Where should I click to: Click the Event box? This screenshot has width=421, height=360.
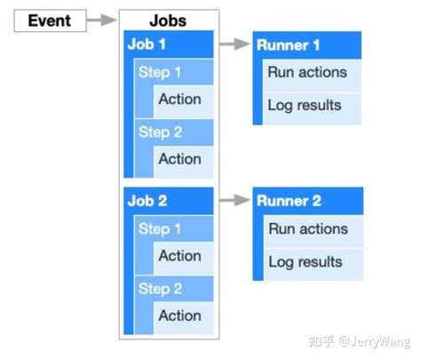pos(50,20)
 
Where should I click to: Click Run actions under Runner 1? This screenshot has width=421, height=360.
pos(306,73)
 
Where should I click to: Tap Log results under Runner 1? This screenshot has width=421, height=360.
pos(305,106)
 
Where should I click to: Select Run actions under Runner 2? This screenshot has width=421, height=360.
pos(306,229)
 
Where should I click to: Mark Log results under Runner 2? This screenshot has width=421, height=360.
pos(305,262)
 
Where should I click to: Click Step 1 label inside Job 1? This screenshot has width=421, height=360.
pos(160,72)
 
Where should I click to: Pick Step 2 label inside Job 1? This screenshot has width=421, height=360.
pos(160,132)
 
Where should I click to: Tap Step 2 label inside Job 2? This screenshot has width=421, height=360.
pos(160,288)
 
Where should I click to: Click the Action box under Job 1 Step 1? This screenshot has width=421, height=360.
pos(181,100)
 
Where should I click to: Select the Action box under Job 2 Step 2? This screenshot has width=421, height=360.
pos(181,316)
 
